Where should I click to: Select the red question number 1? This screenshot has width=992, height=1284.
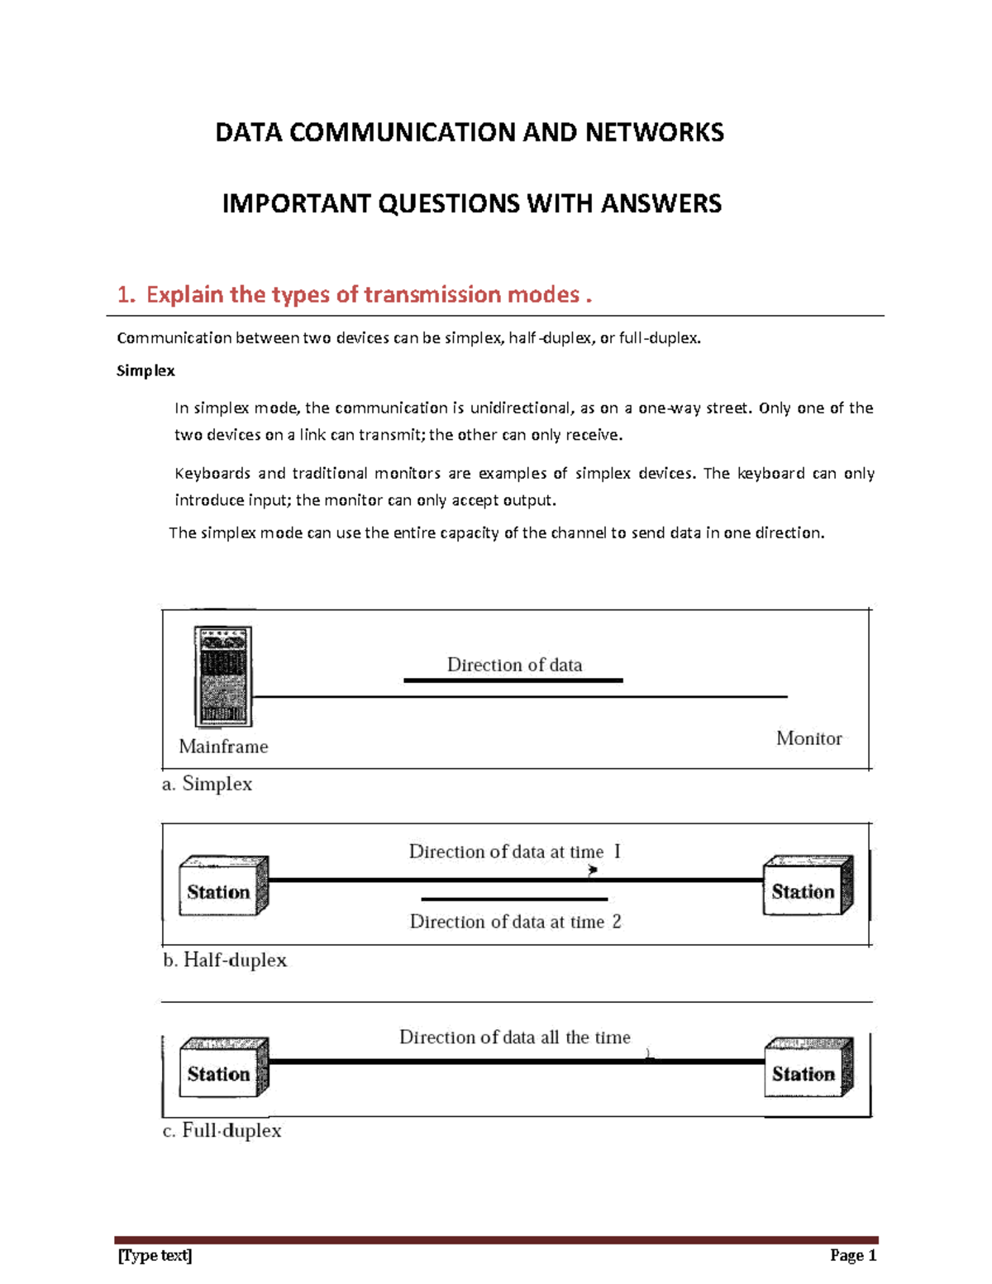pyautogui.click(x=125, y=295)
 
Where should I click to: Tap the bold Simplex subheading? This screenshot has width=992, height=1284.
pyautogui.click(x=145, y=371)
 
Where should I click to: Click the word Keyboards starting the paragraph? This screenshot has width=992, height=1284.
pyautogui.click(x=212, y=474)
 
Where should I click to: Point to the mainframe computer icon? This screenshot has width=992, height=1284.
pyautogui.click(x=222, y=676)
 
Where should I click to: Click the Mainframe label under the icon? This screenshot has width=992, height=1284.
pyautogui.click(x=223, y=747)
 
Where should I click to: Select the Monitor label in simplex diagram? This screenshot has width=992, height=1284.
pyautogui.click(x=808, y=738)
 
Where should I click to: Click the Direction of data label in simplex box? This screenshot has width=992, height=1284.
pyautogui.click(x=514, y=665)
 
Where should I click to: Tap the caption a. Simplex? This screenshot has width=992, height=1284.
pyautogui.click(x=207, y=784)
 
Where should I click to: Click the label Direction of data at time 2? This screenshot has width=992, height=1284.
pyautogui.click(x=515, y=922)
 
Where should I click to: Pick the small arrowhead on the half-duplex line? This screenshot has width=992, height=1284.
pyautogui.click(x=593, y=870)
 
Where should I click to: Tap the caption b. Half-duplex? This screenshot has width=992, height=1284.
pyautogui.click(x=224, y=960)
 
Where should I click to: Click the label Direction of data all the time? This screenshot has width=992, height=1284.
pyautogui.click(x=514, y=1037)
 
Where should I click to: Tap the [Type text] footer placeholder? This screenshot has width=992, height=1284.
pyautogui.click(x=155, y=1256)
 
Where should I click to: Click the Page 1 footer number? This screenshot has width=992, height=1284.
pyautogui.click(x=852, y=1256)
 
